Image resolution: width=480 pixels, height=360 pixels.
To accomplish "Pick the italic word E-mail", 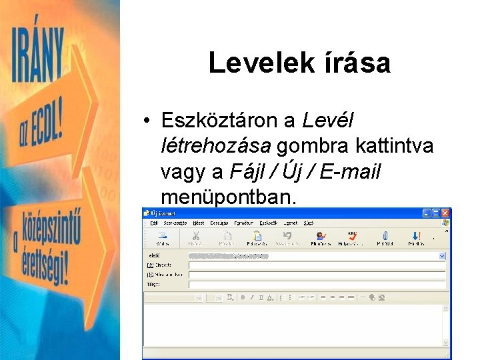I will [349, 171].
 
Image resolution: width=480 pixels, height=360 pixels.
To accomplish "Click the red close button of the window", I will [446, 213].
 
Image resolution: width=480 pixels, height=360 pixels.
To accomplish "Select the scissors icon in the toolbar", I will [195, 236].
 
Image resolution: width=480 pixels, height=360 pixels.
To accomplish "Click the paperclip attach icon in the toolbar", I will [385, 236].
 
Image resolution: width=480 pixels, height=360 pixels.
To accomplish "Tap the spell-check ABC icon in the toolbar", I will [352, 236].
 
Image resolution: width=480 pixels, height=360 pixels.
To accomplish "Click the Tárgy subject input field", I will [317, 284].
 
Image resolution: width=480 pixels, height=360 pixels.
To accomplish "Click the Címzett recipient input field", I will [317, 265].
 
